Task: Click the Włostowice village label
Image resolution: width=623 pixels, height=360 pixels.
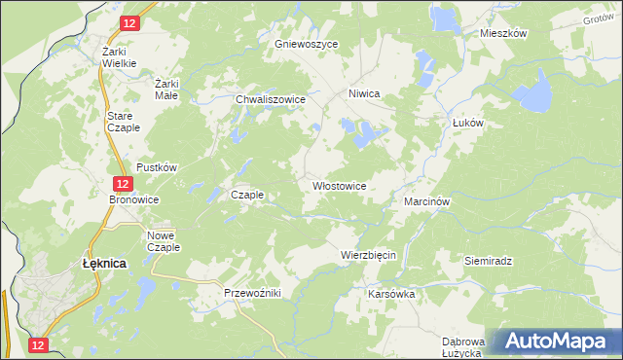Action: (339, 185)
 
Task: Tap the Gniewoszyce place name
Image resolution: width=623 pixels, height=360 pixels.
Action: (306, 45)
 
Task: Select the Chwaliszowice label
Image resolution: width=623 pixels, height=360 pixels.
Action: (272, 99)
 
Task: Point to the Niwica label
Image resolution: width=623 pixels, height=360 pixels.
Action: (363, 94)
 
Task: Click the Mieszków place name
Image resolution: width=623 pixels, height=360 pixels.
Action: (503, 33)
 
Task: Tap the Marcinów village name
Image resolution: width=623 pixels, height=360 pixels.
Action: (425, 201)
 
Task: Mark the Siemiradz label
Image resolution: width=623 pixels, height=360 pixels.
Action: (488, 262)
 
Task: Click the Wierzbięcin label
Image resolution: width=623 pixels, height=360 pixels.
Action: (368, 255)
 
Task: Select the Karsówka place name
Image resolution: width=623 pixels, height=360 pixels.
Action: (392, 293)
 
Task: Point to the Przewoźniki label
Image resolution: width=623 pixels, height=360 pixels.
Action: (252, 293)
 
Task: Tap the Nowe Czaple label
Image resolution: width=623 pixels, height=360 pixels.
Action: (163, 241)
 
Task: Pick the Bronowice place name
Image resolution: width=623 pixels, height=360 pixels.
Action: (133, 199)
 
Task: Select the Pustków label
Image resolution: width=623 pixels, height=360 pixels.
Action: (156, 167)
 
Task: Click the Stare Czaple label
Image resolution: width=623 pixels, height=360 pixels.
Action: (124, 122)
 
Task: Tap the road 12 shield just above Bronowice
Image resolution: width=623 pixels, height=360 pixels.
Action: (122, 183)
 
